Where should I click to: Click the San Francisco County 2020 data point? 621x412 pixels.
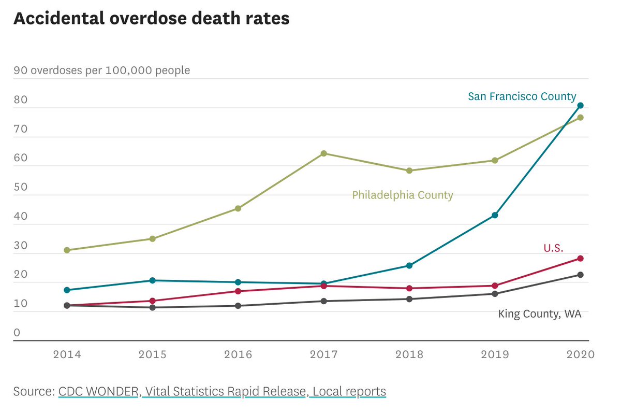click(581, 105)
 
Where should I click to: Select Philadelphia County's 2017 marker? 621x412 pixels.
click(323, 153)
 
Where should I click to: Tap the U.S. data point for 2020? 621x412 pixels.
click(581, 258)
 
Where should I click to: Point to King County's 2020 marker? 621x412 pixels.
click(581, 275)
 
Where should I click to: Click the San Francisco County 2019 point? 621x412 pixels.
click(495, 215)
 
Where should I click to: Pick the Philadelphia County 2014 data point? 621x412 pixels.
click(67, 250)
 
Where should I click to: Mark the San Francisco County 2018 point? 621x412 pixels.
click(409, 265)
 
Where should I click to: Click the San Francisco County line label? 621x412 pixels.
click(522, 96)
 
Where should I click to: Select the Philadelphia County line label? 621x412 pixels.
click(403, 195)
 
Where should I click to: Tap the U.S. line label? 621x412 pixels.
click(553, 248)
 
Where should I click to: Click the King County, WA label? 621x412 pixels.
click(540, 314)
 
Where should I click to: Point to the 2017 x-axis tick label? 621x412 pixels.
click(323, 355)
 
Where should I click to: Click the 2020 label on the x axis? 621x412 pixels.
click(581, 355)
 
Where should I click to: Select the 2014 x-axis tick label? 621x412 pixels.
click(67, 355)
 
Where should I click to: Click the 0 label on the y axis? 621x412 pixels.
click(17, 333)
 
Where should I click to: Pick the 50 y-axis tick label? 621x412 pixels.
click(20, 187)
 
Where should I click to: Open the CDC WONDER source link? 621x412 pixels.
click(98, 391)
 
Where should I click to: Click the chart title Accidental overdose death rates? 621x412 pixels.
click(151, 19)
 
